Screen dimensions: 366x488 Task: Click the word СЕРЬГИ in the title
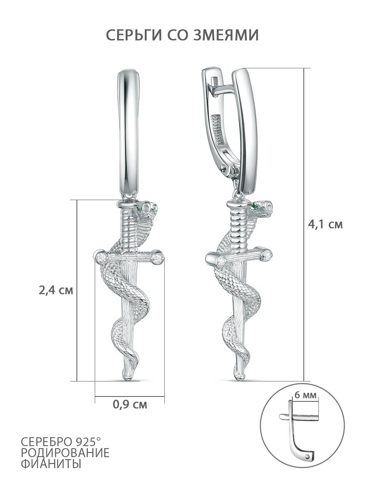[x=134, y=35]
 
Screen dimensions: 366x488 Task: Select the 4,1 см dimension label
[x=325, y=224]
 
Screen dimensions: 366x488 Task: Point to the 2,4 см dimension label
[x=56, y=291]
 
